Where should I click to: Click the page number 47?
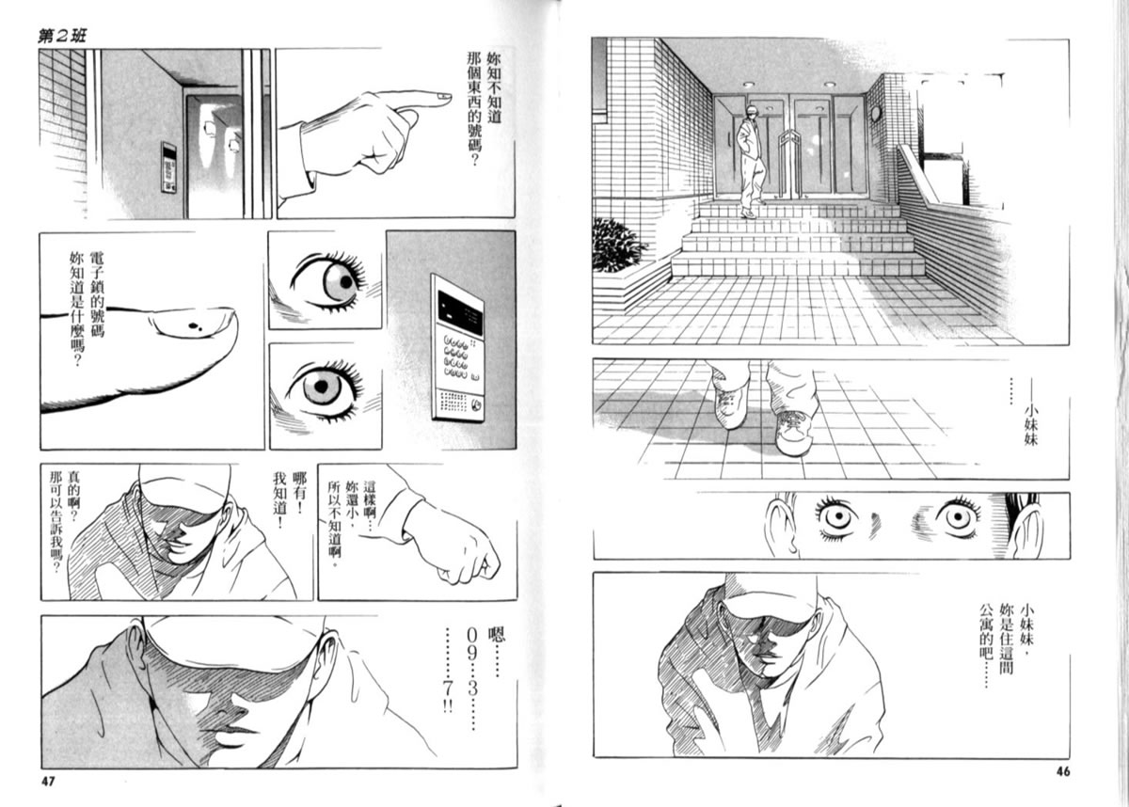tap(47, 782)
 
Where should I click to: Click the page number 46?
tap(1062, 771)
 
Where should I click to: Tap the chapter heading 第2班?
tap(62, 37)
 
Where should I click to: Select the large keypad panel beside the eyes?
tap(457, 349)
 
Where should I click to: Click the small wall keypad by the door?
tap(168, 167)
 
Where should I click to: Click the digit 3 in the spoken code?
tap(472, 688)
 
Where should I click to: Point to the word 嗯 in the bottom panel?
tap(497, 634)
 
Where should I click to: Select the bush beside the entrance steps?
tap(618, 245)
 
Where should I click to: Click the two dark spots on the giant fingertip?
tap(195, 327)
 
